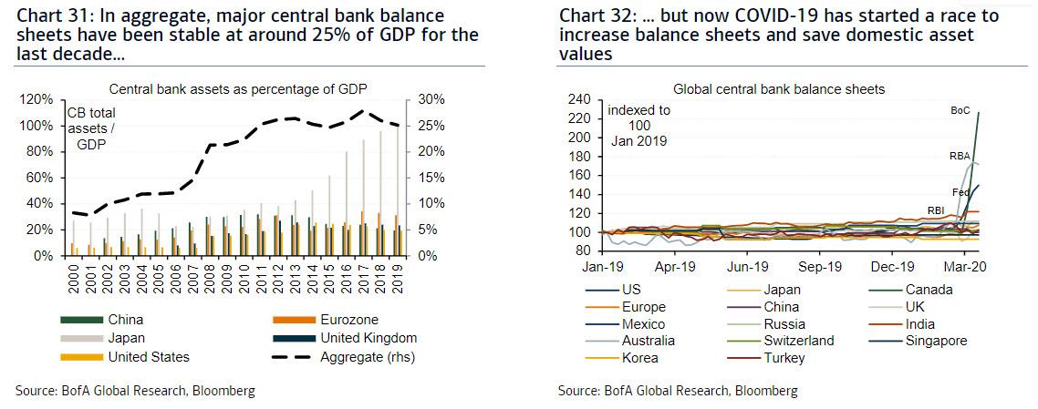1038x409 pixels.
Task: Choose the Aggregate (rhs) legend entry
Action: (344, 357)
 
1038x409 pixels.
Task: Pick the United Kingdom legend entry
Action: (345, 338)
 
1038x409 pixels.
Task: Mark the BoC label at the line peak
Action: (960, 111)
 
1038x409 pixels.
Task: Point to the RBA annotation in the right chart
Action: (960, 157)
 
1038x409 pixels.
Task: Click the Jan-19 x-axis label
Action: (602, 267)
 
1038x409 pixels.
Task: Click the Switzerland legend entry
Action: (781, 342)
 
